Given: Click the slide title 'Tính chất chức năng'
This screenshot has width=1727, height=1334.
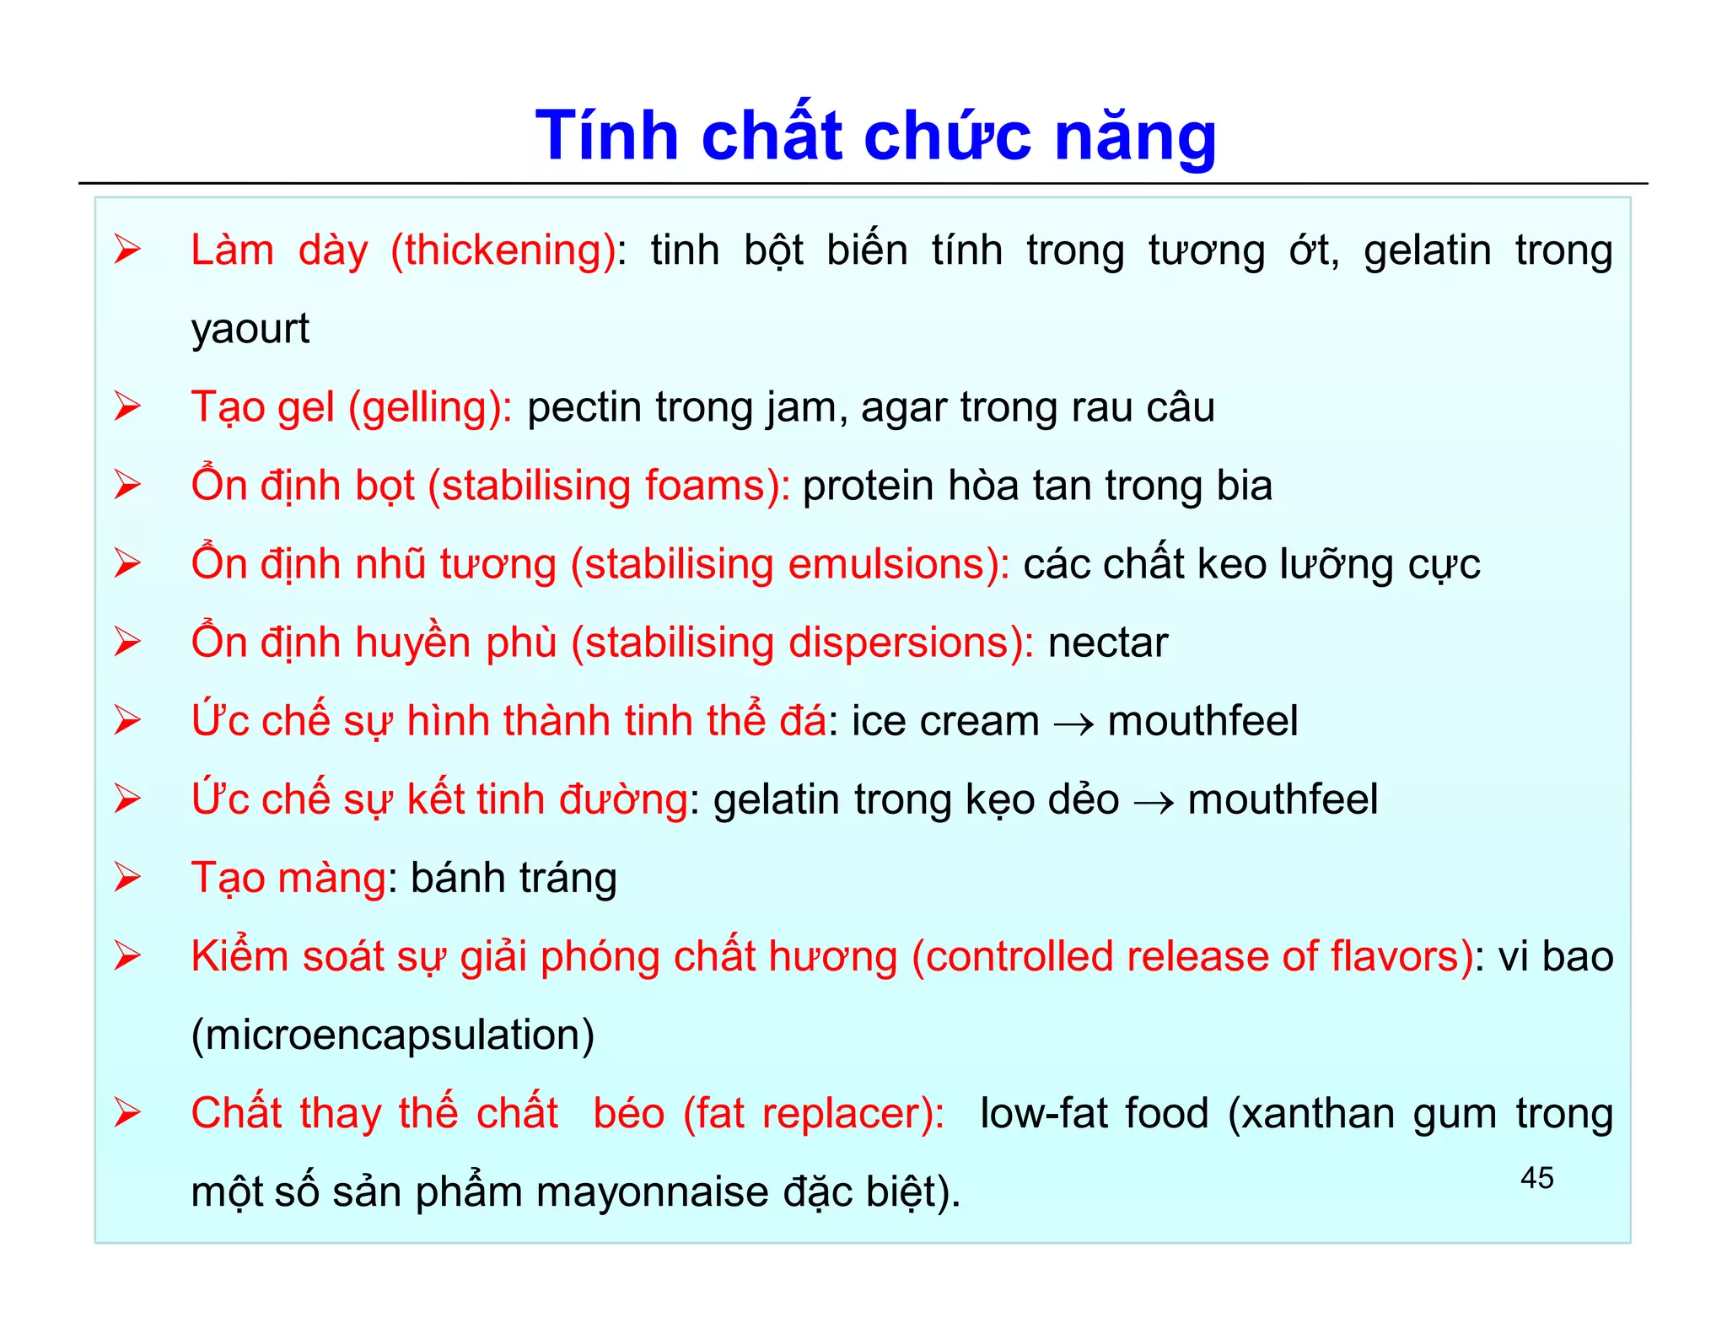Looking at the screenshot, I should (875, 137).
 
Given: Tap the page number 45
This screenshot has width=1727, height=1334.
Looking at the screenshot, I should (1536, 1178).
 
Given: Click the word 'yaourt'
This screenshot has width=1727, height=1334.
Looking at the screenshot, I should (250, 329).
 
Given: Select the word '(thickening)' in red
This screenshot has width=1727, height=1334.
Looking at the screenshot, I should (504, 251).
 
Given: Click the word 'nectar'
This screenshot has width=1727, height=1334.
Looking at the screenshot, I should (1107, 643).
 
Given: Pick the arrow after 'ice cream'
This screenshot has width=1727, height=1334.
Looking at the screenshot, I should (1073, 723).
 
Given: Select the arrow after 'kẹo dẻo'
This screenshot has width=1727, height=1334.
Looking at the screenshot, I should (1154, 802).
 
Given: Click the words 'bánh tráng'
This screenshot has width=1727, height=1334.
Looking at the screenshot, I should (514, 879).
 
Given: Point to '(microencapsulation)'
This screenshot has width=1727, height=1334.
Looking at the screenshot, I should (393, 1035).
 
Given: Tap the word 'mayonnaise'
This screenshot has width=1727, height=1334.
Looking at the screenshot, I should (652, 1192).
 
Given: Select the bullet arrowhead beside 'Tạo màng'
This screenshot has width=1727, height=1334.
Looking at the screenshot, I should (128, 878).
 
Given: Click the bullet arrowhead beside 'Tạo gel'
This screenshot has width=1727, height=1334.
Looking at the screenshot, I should (128, 407).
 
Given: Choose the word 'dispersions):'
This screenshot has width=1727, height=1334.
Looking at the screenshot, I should (911, 643).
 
